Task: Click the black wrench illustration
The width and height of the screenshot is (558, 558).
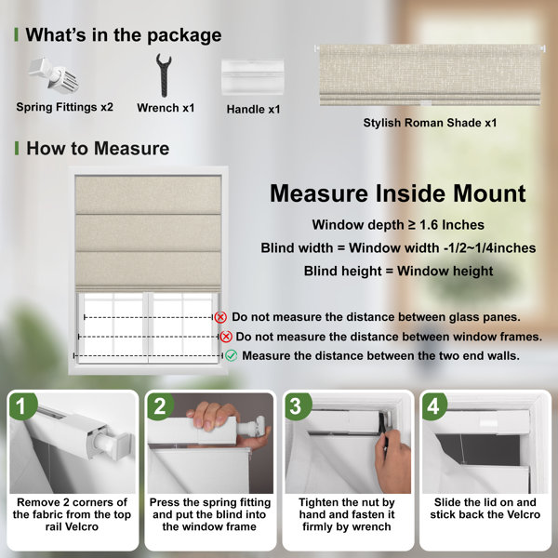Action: (164, 75)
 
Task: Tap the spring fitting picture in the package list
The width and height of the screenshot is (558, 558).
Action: (53, 75)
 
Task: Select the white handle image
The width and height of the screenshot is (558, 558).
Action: (252, 77)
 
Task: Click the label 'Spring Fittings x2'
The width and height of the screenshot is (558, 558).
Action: (65, 107)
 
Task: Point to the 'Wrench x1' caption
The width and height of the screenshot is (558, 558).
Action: (166, 108)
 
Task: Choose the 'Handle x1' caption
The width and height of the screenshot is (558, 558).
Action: (253, 109)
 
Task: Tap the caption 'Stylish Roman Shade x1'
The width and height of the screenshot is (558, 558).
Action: (430, 123)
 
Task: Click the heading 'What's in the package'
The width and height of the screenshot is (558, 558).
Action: (124, 35)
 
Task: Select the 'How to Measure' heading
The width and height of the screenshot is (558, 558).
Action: (98, 149)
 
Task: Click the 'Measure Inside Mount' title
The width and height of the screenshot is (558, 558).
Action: (398, 193)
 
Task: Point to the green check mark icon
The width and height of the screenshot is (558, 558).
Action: (232, 355)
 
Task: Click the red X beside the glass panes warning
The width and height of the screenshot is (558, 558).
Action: (220, 317)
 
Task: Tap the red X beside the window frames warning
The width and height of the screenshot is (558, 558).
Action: (226, 337)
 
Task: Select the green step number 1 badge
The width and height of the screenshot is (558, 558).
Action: (22, 405)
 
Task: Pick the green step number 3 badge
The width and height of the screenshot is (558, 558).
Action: (298, 405)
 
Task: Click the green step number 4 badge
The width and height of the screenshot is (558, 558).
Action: (434, 405)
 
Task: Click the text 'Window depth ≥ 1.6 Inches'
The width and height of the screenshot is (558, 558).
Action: (398, 225)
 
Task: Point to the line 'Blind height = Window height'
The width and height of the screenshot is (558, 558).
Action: (399, 272)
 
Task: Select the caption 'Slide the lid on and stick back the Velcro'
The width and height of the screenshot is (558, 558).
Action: (485, 509)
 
